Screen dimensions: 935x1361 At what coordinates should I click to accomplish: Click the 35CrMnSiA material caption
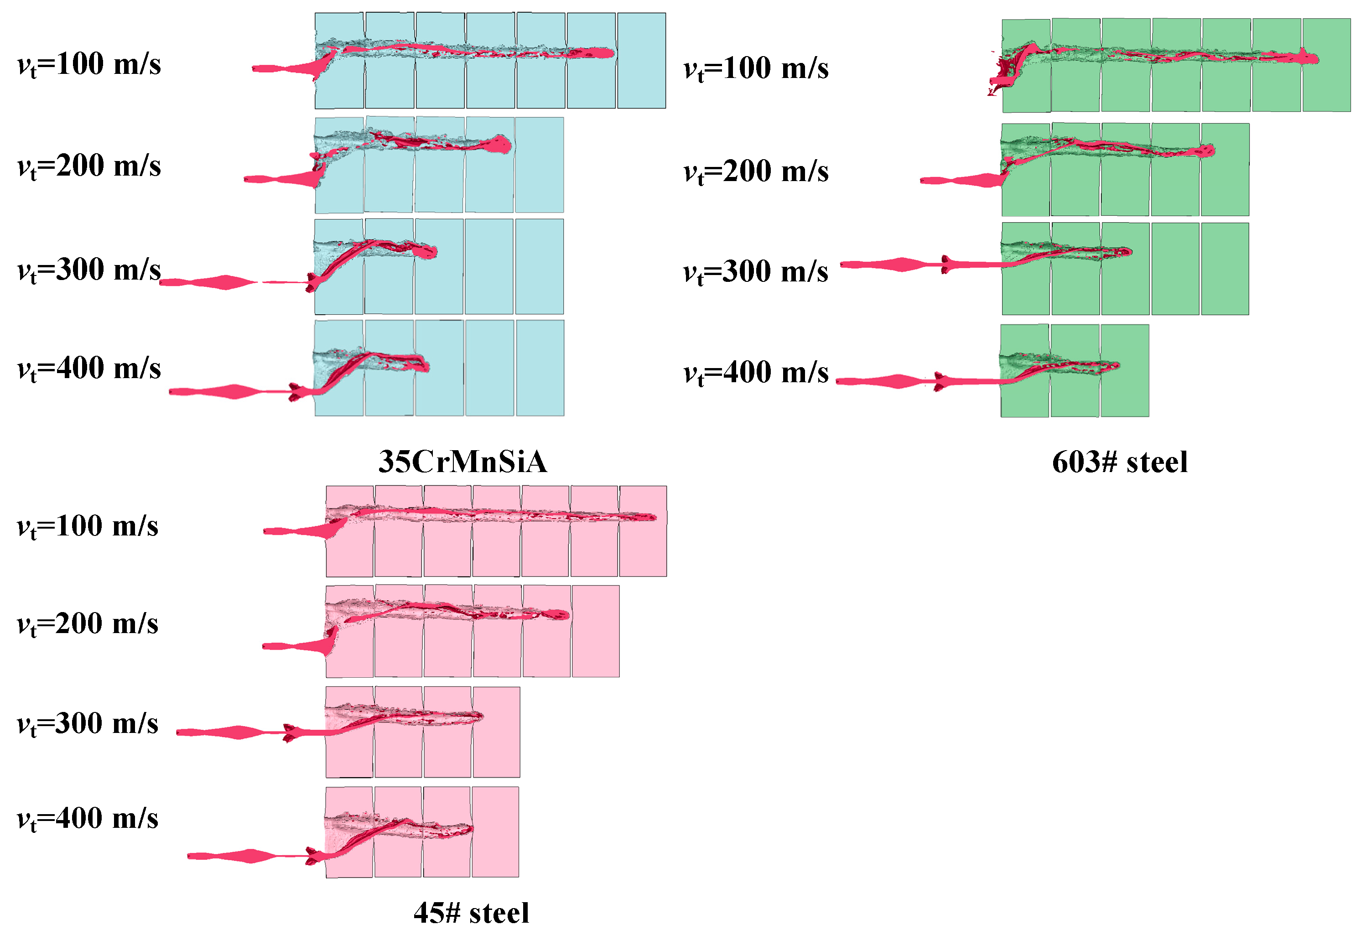click(463, 462)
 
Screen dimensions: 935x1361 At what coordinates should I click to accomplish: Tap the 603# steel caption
click(1120, 462)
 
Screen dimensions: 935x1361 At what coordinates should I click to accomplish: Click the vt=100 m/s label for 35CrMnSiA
click(89, 64)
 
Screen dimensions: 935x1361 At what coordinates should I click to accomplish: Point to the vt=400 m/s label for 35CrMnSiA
click(89, 369)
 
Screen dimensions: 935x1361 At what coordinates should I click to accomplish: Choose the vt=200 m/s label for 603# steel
click(756, 171)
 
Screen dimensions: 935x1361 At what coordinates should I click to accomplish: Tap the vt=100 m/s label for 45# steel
click(88, 526)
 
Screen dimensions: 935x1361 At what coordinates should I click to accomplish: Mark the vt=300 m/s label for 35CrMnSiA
click(89, 270)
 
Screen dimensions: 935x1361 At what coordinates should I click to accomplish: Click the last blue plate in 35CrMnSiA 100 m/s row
click(642, 61)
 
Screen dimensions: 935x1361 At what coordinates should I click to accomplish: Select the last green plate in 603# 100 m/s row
click(1326, 65)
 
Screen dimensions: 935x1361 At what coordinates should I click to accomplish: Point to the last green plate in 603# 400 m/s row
click(1124, 370)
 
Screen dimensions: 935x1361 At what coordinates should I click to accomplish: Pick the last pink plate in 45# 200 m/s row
click(595, 631)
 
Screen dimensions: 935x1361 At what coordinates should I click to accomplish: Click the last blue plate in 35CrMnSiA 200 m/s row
click(539, 165)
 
